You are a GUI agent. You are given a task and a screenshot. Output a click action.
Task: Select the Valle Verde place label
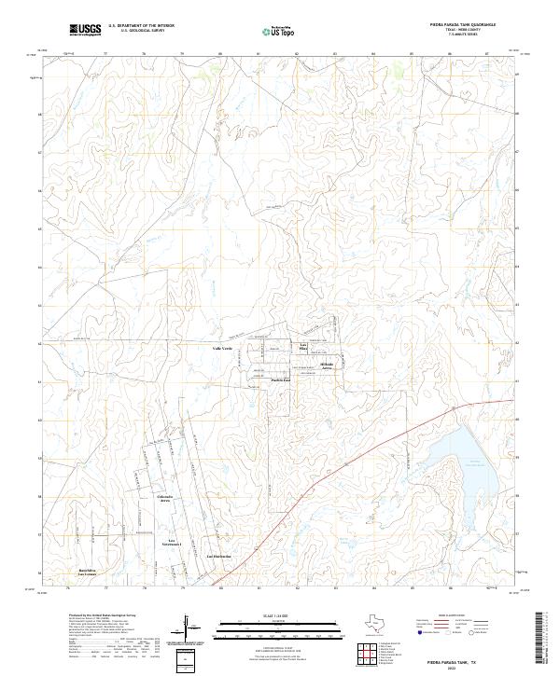pos(222,347)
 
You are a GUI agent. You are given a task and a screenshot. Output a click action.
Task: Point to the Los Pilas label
pos(303,348)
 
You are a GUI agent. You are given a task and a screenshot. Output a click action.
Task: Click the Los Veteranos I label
pos(173,542)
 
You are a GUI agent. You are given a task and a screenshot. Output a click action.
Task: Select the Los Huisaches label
pos(218,557)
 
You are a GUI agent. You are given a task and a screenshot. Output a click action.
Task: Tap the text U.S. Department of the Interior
pos(141,25)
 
